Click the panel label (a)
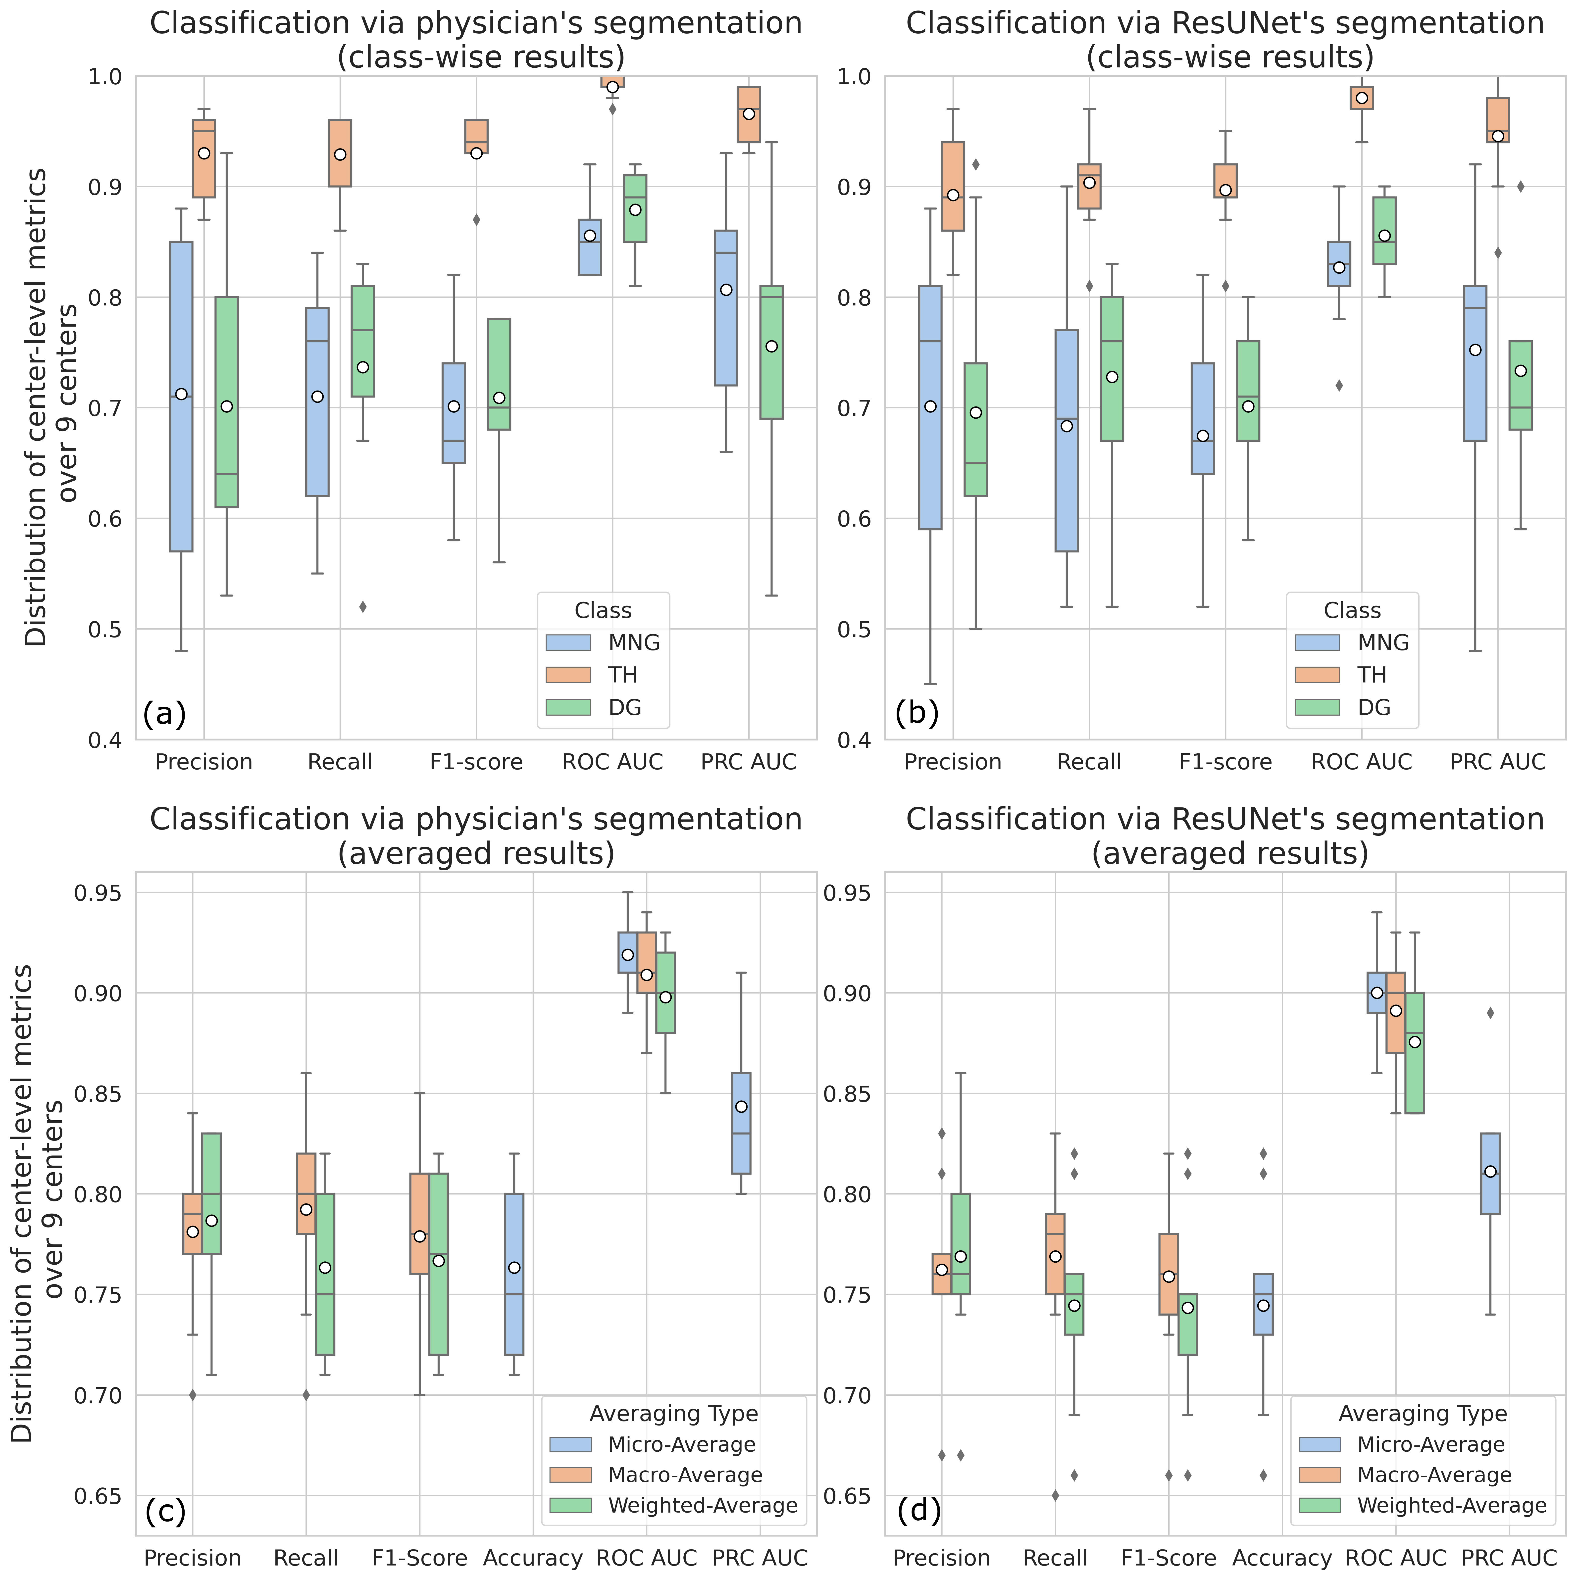[164, 714]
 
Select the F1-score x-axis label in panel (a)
[476, 762]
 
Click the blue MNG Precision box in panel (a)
[181, 397]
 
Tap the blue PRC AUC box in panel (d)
[1490, 1174]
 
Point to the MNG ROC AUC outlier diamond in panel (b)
[1339, 385]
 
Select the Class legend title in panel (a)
[603, 611]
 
